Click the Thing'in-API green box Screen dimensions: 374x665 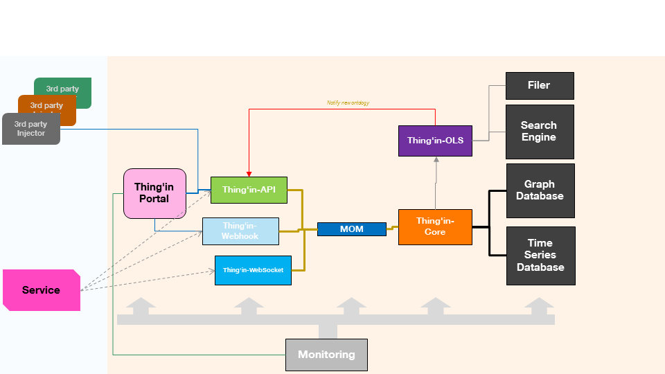[249, 190]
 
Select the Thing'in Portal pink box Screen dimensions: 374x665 [154, 193]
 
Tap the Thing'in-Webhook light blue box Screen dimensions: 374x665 [240, 231]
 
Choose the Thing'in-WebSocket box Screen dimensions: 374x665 [253, 270]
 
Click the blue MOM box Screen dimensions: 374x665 [351, 229]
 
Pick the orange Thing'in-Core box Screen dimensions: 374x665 [435, 226]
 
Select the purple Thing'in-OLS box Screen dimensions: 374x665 [435, 141]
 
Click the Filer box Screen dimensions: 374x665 [540, 86]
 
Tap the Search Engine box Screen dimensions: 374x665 [540, 132]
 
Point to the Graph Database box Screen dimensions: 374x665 [540, 190]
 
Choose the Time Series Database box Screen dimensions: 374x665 [540, 256]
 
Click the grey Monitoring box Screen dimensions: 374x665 [326, 355]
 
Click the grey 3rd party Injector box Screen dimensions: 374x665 [30, 130]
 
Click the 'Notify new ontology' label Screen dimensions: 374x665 [348, 103]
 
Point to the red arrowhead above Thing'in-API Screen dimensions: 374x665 [249, 174]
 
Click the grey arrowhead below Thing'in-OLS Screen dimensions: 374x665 [436, 160]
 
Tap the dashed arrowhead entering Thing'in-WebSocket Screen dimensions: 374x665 [212, 271]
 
